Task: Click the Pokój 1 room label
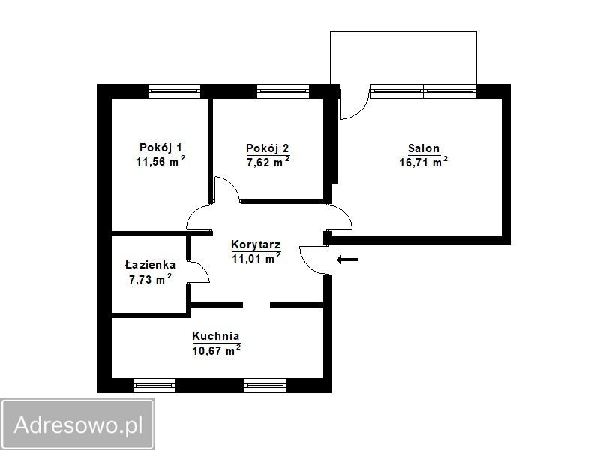tap(160, 147)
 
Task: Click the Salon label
tap(424, 148)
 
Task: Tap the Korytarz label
tap(256, 244)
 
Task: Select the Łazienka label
tap(150, 265)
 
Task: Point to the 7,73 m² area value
tap(150, 279)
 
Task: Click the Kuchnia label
tap(216, 336)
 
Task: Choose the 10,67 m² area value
tap(216, 349)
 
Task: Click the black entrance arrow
tap(348, 260)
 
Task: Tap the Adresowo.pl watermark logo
tap(78, 424)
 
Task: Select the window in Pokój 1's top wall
tap(174, 91)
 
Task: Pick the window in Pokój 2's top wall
tap(283, 91)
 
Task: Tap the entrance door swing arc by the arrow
tap(309, 262)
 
